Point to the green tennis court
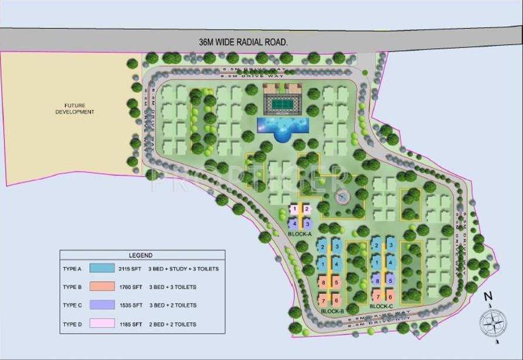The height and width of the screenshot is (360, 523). pos(283,105)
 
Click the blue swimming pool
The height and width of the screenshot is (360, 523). pos(284,126)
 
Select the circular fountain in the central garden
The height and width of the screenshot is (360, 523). pos(343,197)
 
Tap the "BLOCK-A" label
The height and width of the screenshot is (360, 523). pos(300,234)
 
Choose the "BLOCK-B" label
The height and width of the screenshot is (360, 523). pos(333,311)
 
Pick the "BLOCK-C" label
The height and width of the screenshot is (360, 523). pos(381,306)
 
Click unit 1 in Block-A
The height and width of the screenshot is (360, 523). pos(295,209)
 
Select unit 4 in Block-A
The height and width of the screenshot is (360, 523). pos(295,224)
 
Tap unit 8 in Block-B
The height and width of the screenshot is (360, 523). pos(323,283)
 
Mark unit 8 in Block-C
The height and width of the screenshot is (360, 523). pos(377,280)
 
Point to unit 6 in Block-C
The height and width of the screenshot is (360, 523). pos(390,297)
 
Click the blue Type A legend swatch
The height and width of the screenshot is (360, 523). pos(102,268)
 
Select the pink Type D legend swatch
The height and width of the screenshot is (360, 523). pos(102,324)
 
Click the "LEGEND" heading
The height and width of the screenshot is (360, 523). pos(141,255)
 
